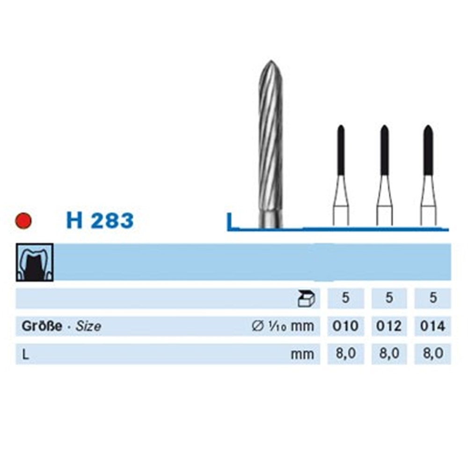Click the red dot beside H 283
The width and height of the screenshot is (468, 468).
(x=23, y=220)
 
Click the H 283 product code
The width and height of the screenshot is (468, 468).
(x=100, y=220)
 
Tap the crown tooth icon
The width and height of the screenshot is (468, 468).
(x=35, y=263)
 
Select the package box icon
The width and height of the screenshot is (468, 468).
(x=306, y=299)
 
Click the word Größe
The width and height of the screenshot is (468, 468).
(x=42, y=326)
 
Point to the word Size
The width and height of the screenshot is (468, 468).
(x=88, y=326)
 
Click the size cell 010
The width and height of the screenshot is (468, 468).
(x=346, y=326)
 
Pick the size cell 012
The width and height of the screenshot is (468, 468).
(x=389, y=326)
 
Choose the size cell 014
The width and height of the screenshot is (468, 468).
(x=433, y=326)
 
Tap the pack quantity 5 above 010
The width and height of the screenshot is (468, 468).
(x=346, y=298)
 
